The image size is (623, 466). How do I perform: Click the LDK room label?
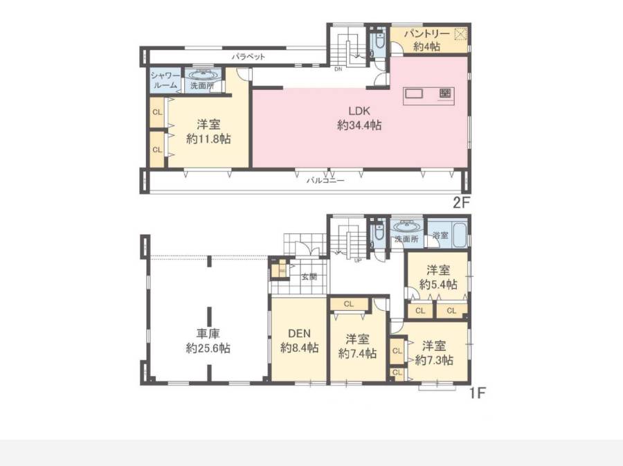click(359, 111)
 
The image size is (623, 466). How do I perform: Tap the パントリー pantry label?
click(426, 34)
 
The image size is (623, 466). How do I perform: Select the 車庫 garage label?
click(208, 334)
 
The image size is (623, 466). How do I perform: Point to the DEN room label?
click(299, 333)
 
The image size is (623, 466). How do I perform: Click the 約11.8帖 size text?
click(208, 138)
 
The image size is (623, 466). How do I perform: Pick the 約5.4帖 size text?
click(438, 285)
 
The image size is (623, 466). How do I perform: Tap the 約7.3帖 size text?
click(434, 360)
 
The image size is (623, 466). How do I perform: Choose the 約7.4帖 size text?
click(357, 353)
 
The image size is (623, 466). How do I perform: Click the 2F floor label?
click(462, 203)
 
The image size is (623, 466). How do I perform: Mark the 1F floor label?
click(477, 393)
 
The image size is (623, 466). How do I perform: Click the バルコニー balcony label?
click(325, 180)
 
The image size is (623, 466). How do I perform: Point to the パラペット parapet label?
click(249, 57)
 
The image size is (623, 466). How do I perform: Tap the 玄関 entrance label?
click(309, 276)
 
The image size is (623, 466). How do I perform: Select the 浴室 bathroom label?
click(440, 235)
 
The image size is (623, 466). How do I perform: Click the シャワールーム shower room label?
click(165, 80)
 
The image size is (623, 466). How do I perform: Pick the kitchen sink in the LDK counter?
click(415, 93)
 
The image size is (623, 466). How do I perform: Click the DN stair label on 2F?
click(338, 69)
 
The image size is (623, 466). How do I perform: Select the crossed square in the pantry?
click(460, 34)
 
